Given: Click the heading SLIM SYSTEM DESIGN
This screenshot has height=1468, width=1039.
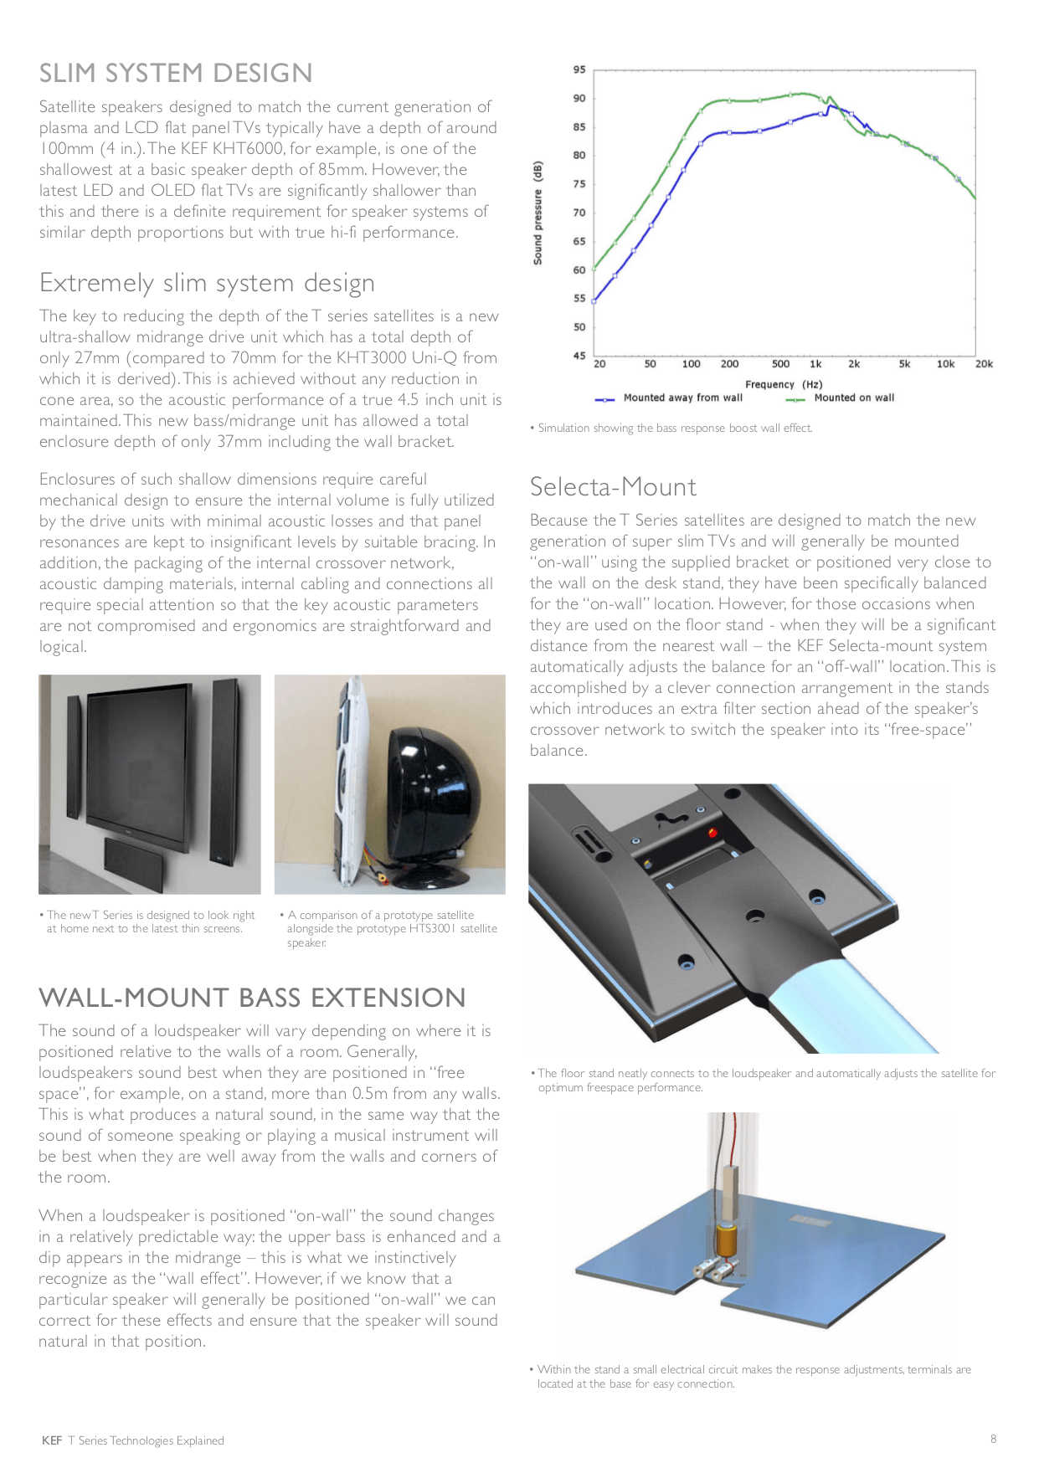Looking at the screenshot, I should click(176, 74).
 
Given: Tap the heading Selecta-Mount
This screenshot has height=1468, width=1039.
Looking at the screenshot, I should click(613, 487).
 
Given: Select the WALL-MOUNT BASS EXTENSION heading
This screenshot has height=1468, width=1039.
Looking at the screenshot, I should click(252, 998).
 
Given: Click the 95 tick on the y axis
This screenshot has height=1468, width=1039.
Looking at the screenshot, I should click(579, 70).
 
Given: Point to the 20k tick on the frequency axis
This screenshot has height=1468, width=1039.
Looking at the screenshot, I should click(984, 364).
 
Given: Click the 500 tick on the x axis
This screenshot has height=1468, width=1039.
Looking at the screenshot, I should click(780, 364).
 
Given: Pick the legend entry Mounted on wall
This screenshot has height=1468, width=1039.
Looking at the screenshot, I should click(853, 398).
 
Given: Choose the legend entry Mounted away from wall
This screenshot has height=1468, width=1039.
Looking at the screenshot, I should click(682, 398).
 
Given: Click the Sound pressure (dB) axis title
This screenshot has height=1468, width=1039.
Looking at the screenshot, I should click(538, 213).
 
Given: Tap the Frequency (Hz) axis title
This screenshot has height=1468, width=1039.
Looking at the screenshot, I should click(784, 384).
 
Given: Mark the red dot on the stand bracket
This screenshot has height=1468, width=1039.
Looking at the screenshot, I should click(712, 833).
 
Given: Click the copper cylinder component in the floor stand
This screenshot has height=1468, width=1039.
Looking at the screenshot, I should click(726, 1236).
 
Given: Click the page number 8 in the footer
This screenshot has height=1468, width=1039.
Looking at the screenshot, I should click(994, 1439).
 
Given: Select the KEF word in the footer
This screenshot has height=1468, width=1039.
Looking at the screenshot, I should click(52, 1440).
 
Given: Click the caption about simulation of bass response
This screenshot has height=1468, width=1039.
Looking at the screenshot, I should click(675, 429).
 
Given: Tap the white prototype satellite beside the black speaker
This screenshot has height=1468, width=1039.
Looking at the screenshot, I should click(352, 787).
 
